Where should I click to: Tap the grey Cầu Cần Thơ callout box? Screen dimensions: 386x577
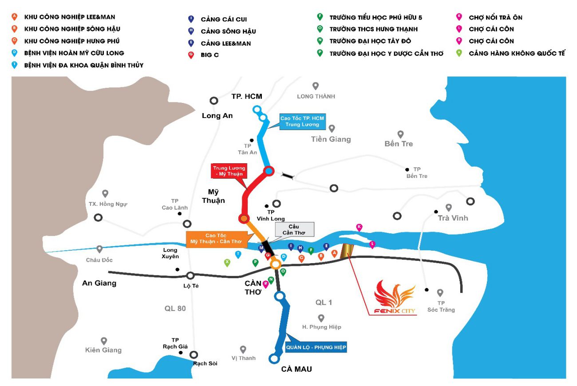click(294, 229)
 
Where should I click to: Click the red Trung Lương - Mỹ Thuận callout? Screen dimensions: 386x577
click(229, 171)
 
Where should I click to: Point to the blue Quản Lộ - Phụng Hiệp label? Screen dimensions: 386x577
click(316, 347)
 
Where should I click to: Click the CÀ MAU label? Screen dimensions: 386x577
click(296, 369)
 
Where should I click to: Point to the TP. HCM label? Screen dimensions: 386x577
click(247, 96)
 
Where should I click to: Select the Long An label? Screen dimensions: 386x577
click(217, 116)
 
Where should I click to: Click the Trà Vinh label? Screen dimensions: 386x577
click(453, 218)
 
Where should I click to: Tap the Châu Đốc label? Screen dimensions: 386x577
click(99, 260)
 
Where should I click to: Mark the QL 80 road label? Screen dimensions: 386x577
click(175, 309)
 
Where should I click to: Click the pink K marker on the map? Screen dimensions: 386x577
click(359, 227)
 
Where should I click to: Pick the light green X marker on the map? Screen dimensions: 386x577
click(227, 263)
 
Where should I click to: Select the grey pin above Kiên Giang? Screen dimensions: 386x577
click(104, 341)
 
